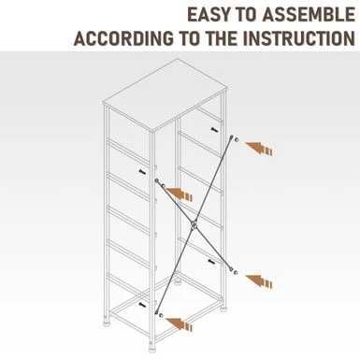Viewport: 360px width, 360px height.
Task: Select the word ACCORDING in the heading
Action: click(123, 38)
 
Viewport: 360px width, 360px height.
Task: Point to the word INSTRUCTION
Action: click(299, 38)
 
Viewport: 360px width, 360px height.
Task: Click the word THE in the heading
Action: click(222, 38)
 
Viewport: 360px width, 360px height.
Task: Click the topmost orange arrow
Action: click(259, 148)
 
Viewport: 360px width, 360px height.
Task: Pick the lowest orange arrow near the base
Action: click(179, 324)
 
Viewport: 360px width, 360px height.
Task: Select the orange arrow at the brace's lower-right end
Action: click(259, 281)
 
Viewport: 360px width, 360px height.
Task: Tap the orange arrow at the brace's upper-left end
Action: click(179, 194)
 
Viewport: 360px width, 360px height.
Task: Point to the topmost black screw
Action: click(214, 130)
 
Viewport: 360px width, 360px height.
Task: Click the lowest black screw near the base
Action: click(142, 304)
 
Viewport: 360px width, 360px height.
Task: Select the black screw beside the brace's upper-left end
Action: click(142, 172)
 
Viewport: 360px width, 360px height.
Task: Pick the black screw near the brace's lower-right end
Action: click(211, 262)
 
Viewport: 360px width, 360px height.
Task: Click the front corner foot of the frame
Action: click(152, 346)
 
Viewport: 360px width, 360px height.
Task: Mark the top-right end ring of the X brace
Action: click(232, 137)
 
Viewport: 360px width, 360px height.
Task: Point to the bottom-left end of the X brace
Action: click(157, 312)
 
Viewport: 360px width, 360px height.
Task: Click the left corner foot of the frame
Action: click(107, 321)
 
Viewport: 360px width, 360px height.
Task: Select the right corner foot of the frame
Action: click(223, 308)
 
